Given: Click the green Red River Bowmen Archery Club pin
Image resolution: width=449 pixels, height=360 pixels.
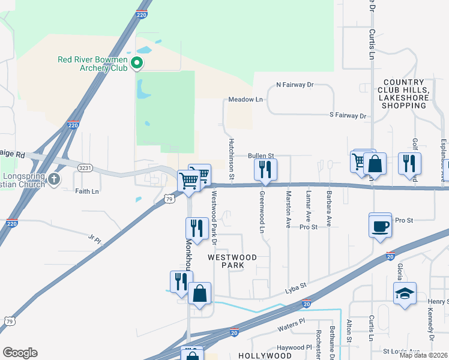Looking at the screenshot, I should coord(137,62).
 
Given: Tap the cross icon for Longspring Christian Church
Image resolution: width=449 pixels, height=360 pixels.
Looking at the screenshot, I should coord(55,178).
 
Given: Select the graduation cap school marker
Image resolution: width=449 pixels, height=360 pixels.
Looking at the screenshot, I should coord(405,294).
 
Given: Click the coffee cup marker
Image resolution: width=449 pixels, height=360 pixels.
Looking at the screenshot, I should coord(380,226).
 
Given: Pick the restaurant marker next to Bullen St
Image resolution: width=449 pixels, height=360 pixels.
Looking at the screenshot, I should coord(265,170).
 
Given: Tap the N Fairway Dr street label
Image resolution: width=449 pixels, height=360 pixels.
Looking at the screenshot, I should coord(295,85).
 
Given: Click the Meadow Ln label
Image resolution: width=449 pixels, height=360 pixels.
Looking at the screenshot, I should coord(246,100).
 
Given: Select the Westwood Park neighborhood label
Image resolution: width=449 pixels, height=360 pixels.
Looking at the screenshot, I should coord(232,261).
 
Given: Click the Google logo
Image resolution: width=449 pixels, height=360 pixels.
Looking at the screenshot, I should coord(20,353).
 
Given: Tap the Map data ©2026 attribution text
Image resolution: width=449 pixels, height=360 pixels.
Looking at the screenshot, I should coord(423,355).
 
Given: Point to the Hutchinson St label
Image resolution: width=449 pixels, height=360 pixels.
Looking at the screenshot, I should coord(231,158).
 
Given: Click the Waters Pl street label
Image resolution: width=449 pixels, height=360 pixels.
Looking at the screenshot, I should coord(291,329).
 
